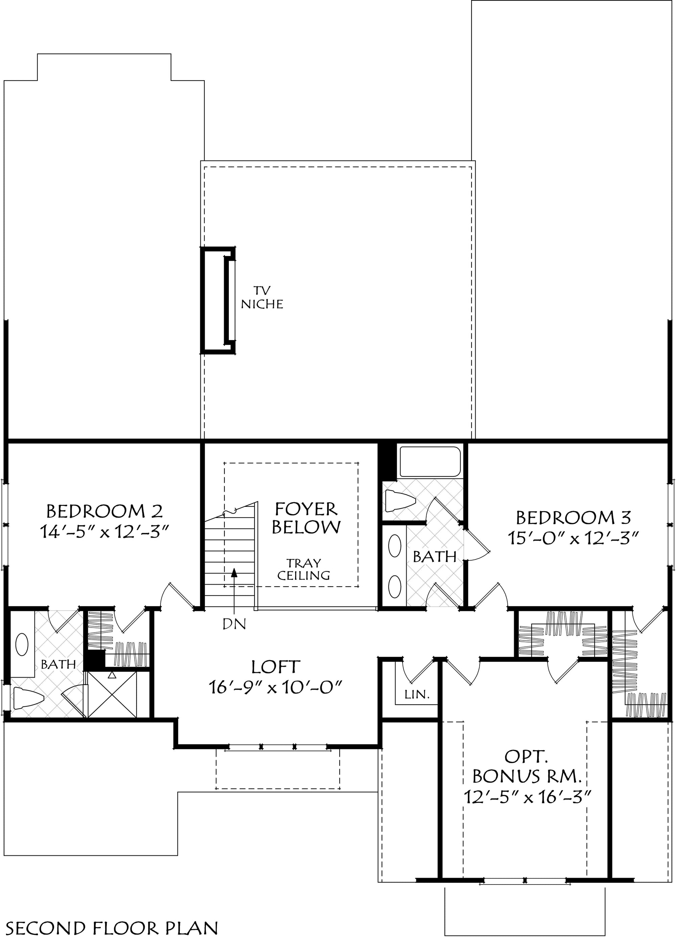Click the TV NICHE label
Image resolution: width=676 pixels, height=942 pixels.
(262, 298)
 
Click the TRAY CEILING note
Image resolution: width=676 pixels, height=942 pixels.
(304, 569)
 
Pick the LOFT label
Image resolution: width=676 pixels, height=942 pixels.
(275, 667)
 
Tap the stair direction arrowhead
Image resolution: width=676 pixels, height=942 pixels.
(234, 573)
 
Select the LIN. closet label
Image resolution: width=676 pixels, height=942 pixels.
(417, 694)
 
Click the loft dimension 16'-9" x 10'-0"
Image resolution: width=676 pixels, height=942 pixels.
(275, 687)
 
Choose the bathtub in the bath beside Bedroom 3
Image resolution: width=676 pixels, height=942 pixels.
(429, 462)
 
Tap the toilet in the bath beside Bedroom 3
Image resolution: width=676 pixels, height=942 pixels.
(400, 500)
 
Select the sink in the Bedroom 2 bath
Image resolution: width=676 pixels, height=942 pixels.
(22, 644)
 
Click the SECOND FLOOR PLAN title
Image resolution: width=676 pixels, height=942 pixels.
(113, 928)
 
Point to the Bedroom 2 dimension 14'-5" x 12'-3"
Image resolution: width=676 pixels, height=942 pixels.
(106, 532)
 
